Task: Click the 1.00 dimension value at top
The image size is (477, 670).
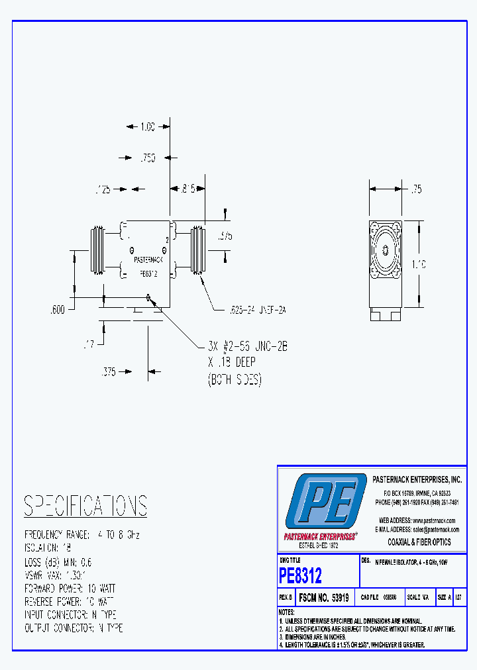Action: pyautogui.click(x=148, y=126)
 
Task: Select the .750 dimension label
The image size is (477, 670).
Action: pyautogui.click(x=148, y=158)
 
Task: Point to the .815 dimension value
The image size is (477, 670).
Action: pyautogui.click(x=188, y=189)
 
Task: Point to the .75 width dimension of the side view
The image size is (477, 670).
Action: pyautogui.click(x=416, y=189)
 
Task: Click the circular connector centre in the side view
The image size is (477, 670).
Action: pyautogui.click(x=385, y=251)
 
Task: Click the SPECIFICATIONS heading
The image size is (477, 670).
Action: pyautogui.click(x=85, y=506)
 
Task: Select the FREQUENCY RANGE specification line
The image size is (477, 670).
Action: pyautogui.click(x=82, y=534)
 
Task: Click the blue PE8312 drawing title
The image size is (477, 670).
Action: pyautogui.click(x=301, y=575)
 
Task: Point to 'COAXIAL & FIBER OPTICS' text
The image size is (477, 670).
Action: pyautogui.click(x=419, y=542)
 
